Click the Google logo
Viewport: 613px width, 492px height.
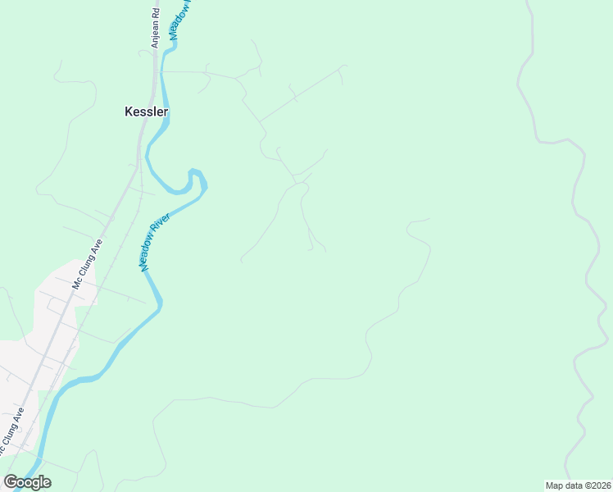[x=27, y=482]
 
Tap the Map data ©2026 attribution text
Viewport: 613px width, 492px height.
[x=579, y=485]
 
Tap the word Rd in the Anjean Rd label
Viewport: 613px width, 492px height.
[x=154, y=11]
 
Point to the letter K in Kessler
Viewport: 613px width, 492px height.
[x=128, y=111]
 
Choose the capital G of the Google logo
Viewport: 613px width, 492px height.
[x=11, y=482]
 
